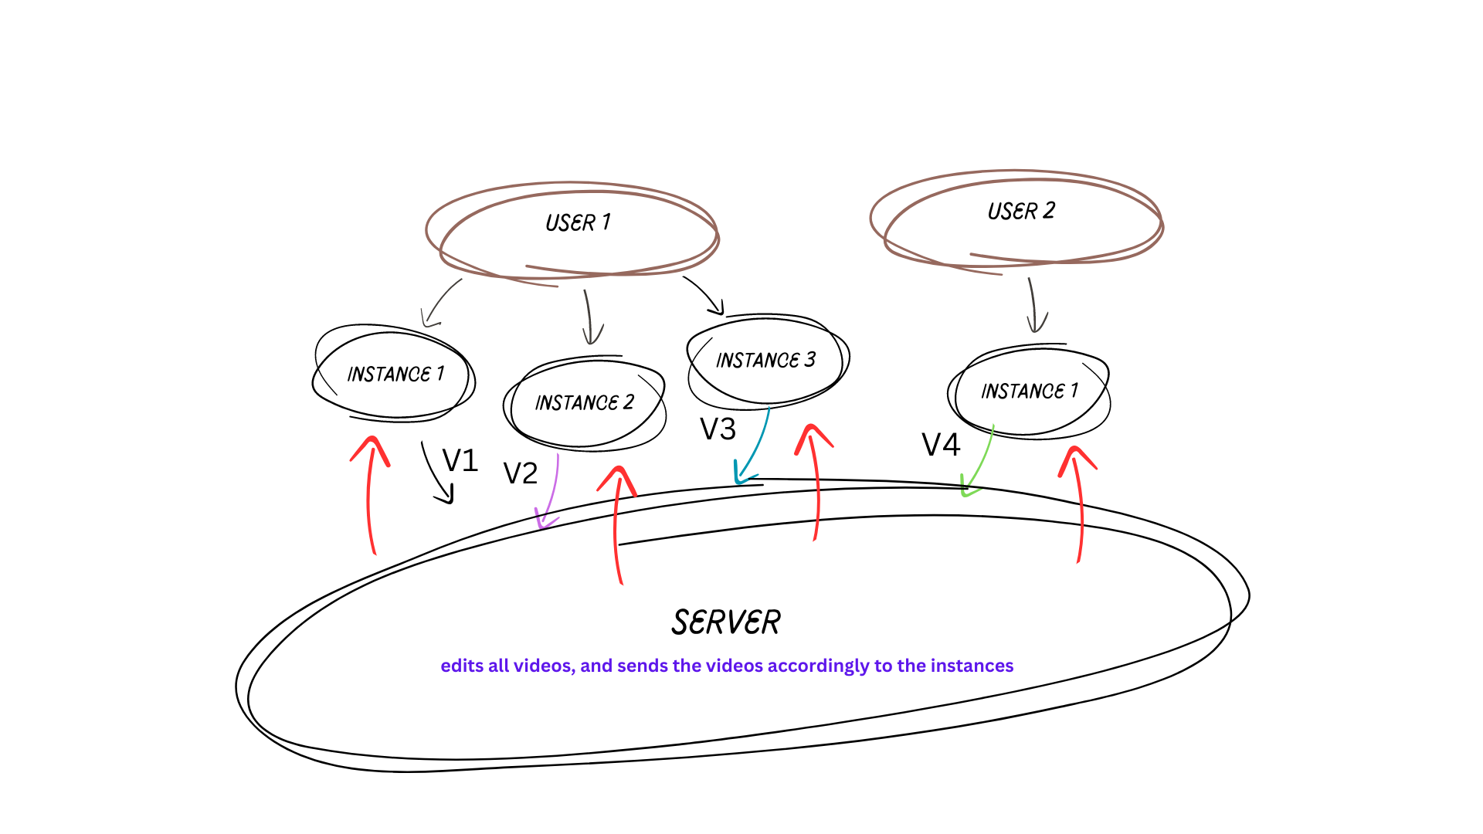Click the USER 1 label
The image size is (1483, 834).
[x=578, y=222]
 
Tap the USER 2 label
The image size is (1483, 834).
[x=1021, y=211]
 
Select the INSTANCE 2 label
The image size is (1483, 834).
[x=585, y=402]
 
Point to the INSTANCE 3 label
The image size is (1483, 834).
[x=765, y=360]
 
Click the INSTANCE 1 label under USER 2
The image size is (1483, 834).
[x=1030, y=391]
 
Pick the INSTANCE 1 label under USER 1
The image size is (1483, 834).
[x=395, y=374]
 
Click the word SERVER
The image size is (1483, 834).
[x=726, y=622]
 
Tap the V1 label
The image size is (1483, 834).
[x=460, y=461]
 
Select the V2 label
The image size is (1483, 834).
[x=520, y=473]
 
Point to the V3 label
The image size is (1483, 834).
[x=718, y=429]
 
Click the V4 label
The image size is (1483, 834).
[x=941, y=445]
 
